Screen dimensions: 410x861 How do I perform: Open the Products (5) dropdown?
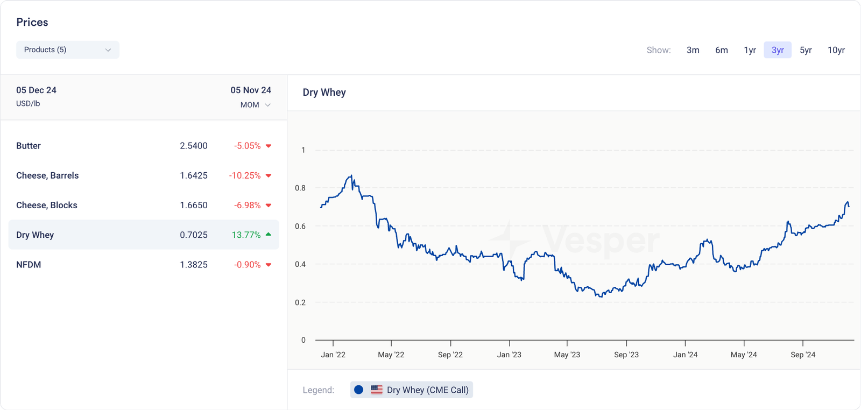click(67, 50)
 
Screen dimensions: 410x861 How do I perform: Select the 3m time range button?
click(693, 50)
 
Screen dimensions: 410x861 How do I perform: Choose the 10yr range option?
click(836, 50)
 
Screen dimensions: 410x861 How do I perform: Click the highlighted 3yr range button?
click(778, 50)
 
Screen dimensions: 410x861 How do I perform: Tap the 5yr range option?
click(806, 50)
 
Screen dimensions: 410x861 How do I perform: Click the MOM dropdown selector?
click(255, 105)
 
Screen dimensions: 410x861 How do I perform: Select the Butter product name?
click(29, 146)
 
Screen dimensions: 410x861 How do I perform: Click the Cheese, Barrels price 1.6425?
click(194, 175)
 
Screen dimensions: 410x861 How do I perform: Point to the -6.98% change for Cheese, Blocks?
click(247, 205)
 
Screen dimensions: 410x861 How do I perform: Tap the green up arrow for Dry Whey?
click(269, 235)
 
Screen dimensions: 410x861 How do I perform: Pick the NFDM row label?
click(29, 265)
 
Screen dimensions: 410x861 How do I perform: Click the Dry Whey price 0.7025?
click(194, 235)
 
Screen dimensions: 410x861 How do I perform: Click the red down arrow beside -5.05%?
click(269, 146)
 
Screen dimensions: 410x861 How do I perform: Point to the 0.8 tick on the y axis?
click(300, 188)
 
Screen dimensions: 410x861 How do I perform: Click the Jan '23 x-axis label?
click(509, 355)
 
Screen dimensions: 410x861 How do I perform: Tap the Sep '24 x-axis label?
click(803, 355)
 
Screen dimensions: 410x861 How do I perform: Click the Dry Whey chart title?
click(324, 93)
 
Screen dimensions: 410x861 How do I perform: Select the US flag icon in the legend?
click(377, 390)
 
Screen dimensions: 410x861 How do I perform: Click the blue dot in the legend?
click(358, 390)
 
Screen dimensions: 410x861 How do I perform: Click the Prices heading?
click(32, 22)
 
